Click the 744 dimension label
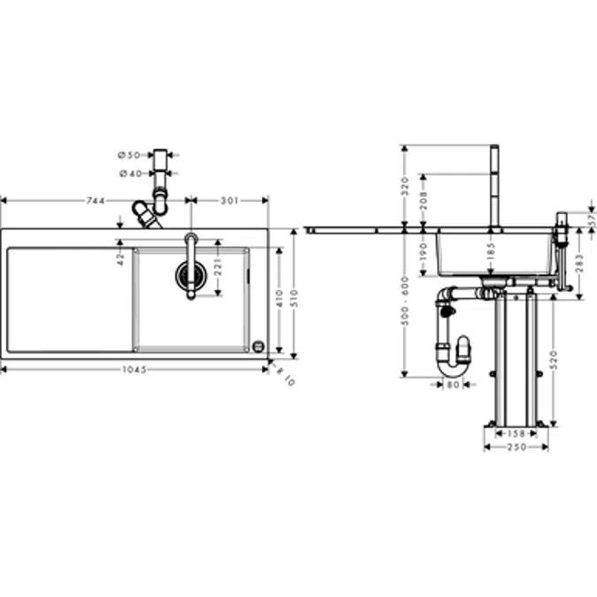[x=96, y=201]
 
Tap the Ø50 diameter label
[x=129, y=155]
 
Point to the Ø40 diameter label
[x=129, y=172]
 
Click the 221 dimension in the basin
[x=218, y=262]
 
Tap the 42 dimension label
[x=120, y=258]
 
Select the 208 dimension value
[x=424, y=201]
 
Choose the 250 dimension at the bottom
[x=516, y=447]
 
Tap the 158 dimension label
[x=516, y=432]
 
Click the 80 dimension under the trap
[x=453, y=384]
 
